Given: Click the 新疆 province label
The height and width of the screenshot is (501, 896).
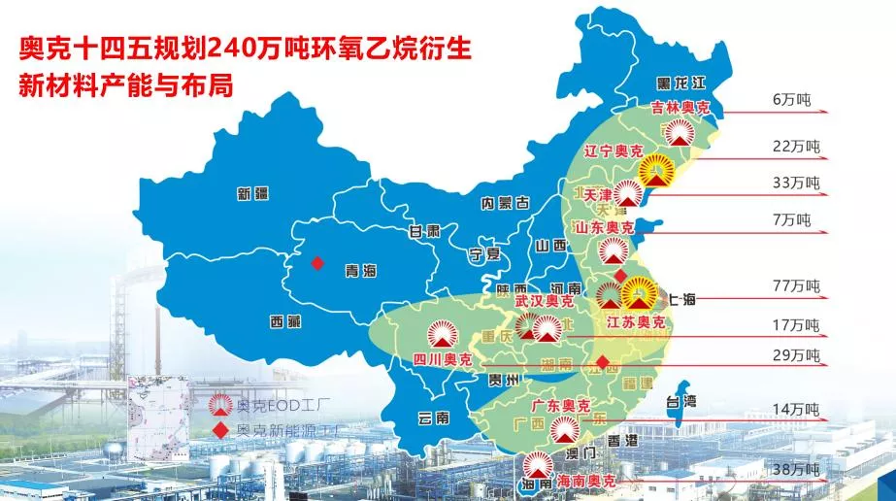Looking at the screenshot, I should pyautogui.click(x=251, y=194).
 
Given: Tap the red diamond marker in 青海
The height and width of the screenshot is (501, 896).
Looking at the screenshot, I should pyautogui.click(x=315, y=263).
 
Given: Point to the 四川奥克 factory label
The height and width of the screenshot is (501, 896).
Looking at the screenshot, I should pyautogui.click(x=438, y=360).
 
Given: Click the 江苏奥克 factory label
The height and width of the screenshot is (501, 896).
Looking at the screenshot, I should pyautogui.click(x=635, y=321).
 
